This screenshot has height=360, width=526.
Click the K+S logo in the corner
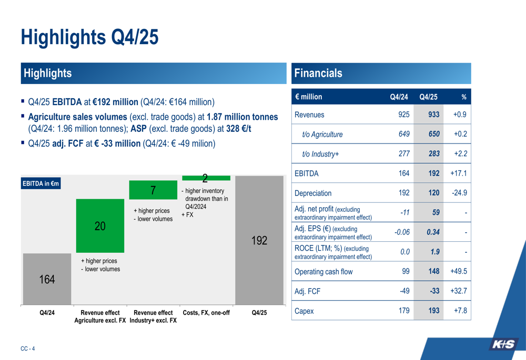503,345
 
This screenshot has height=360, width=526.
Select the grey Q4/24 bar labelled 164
47,279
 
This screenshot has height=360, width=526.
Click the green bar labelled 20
100,225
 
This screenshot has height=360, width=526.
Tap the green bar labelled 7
152,190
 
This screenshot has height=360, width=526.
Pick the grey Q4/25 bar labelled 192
259,241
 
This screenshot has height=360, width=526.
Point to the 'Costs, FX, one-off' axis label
206,313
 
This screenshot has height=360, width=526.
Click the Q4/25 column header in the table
428,97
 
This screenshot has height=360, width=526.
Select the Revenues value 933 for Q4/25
433,115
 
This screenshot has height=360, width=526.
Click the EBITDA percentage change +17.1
458,173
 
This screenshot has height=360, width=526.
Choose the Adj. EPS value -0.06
402,232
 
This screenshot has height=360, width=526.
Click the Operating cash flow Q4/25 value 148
433,272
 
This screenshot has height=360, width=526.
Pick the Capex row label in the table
304,311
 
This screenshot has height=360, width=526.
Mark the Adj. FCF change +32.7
458,291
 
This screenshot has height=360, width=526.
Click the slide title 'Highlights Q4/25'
89,37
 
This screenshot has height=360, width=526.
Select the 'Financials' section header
318,74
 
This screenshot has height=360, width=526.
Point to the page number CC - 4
27,348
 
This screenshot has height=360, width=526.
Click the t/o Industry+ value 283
433,153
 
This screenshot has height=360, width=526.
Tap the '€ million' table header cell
309,97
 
